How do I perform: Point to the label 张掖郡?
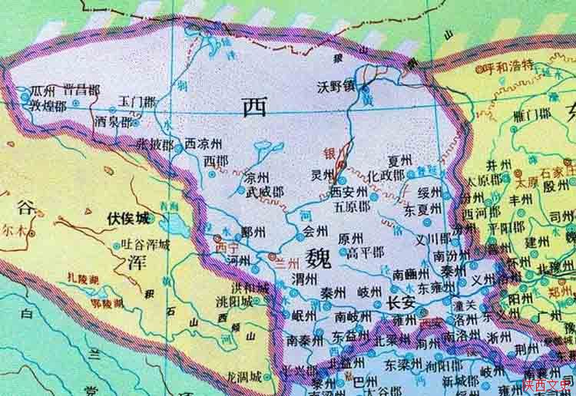pos(154,143)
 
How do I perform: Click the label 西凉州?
pos(204,143)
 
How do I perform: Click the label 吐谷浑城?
pos(146,246)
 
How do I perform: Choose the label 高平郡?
pos(364,252)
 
